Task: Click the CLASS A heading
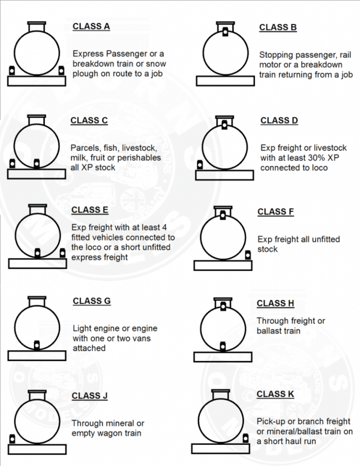(x=91, y=26)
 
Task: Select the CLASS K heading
(x=278, y=394)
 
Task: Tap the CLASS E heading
(x=89, y=209)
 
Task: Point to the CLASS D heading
(x=279, y=120)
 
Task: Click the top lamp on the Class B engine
(x=225, y=32)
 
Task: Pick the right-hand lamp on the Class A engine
(x=62, y=70)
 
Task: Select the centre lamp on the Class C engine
(x=36, y=164)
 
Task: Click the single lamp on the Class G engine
(x=37, y=345)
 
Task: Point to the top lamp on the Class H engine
(x=223, y=307)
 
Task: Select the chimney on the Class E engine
(x=37, y=208)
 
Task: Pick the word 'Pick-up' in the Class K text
(x=271, y=421)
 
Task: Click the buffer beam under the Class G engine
(x=37, y=355)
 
